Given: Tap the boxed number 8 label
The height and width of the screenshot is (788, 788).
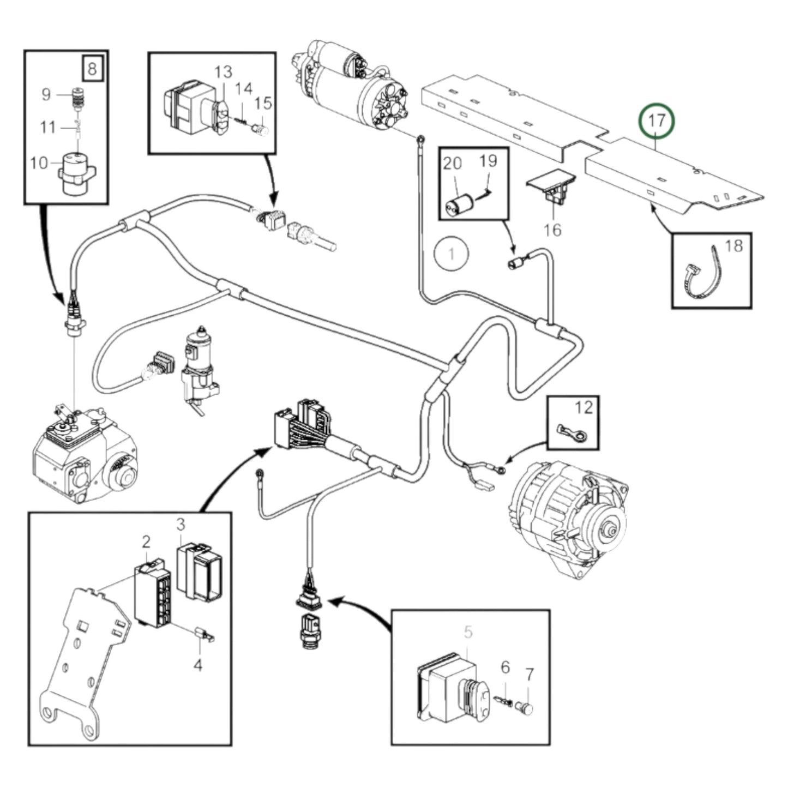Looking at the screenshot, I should (x=92, y=69).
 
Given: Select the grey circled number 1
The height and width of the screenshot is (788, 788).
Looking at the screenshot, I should (x=452, y=254).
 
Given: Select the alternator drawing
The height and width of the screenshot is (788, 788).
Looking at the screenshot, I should (x=570, y=510).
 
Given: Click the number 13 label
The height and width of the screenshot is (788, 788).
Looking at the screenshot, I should (x=222, y=72).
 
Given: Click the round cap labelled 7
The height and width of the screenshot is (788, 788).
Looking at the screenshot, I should (x=524, y=708).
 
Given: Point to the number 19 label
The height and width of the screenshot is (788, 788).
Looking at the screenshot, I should (x=488, y=161).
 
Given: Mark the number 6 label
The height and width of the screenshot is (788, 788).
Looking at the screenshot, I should (x=505, y=667).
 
